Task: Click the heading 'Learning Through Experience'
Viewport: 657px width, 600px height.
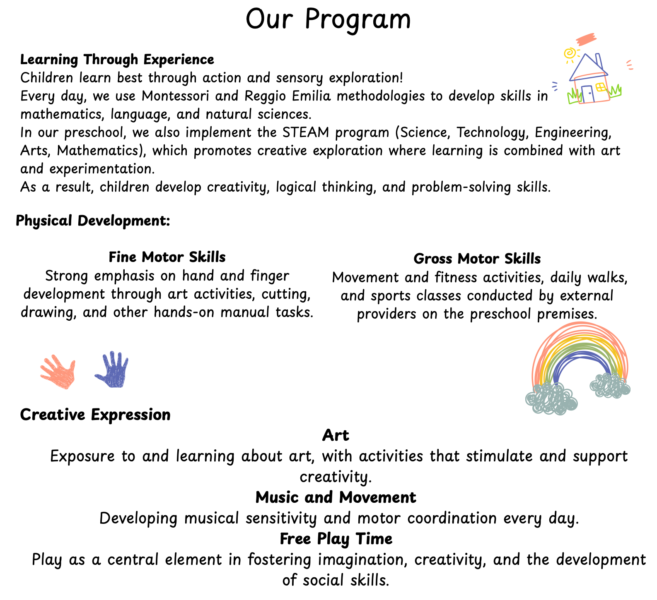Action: [x=117, y=60]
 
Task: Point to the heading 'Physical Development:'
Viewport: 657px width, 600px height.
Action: [x=93, y=221]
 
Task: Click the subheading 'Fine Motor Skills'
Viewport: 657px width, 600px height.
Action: [x=167, y=257]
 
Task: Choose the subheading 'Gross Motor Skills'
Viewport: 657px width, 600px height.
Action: [x=477, y=259]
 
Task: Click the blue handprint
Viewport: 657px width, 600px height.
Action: [x=112, y=370]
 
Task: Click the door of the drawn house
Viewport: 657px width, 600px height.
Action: [x=588, y=94]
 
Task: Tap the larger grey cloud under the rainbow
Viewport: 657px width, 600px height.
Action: [x=551, y=398]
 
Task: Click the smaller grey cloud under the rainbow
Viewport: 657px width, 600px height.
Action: [x=610, y=385]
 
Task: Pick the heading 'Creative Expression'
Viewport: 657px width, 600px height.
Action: [x=95, y=415]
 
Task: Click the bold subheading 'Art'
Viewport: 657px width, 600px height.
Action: [x=336, y=435]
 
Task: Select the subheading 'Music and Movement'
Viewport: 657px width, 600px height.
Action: [x=336, y=497]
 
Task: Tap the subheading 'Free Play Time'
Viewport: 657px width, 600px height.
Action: [x=336, y=539]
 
